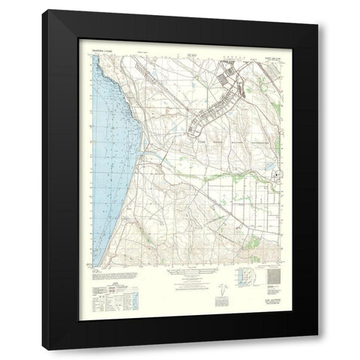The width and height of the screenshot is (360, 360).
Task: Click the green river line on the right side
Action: point(247,175)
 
